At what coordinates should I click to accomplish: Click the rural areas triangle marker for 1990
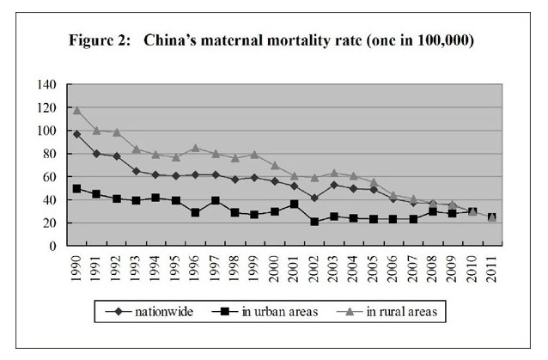[76, 110]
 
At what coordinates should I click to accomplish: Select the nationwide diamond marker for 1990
[76, 134]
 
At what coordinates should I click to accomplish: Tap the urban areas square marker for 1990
[76, 188]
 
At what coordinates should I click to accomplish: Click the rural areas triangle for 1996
[196, 148]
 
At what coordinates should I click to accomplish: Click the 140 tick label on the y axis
[47, 85]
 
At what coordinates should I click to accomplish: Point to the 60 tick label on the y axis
[51, 177]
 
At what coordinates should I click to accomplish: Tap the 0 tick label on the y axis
[54, 246]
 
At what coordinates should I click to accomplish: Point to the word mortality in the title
[297, 40]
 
